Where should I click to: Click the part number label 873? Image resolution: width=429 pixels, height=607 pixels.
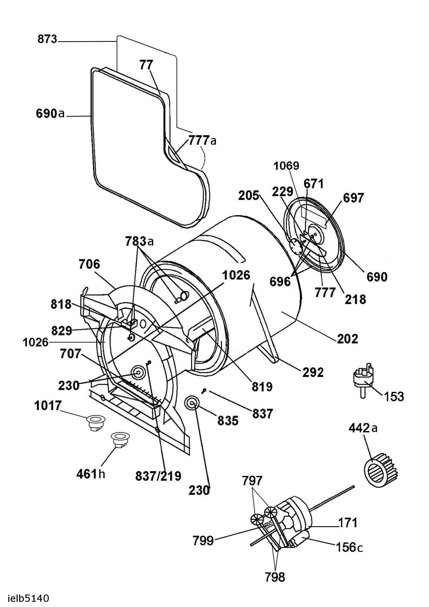47,39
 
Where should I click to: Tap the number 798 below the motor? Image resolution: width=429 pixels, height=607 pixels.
275,575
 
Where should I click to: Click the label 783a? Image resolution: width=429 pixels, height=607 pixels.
140,241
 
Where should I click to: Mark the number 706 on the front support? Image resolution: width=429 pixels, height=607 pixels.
89,264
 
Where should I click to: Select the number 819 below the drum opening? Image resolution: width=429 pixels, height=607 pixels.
262,387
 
